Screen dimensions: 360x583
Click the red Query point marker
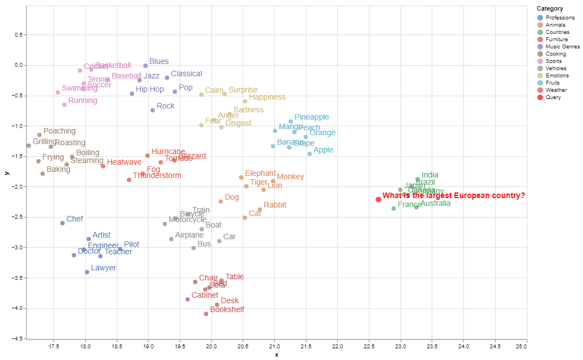(x=378, y=199)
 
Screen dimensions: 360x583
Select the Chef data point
(x=62, y=223)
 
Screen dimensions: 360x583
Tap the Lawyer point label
(x=103, y=268)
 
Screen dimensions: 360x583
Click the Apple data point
(x=310, y=154)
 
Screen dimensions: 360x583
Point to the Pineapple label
(x=312, y=117)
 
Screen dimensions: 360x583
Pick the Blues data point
(x=145, y=66)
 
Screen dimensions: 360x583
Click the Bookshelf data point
(x=206, y=314)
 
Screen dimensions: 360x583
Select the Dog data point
(x=221, y=201)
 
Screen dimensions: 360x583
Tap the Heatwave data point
(x=103, y=166)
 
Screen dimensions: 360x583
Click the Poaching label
(x=60, y=131)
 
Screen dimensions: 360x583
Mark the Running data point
(x=65, y=105)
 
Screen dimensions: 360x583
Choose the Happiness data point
(x=245, y=101)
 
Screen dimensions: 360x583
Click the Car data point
(x=219, y=241)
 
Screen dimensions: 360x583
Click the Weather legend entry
(x=556, y=90)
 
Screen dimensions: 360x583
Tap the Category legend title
(x=550, y=9)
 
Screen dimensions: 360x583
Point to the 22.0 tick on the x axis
(x=338, y=346)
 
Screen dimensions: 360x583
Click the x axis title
(x=276, y=355)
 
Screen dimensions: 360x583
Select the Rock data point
(x=152, y=110)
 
